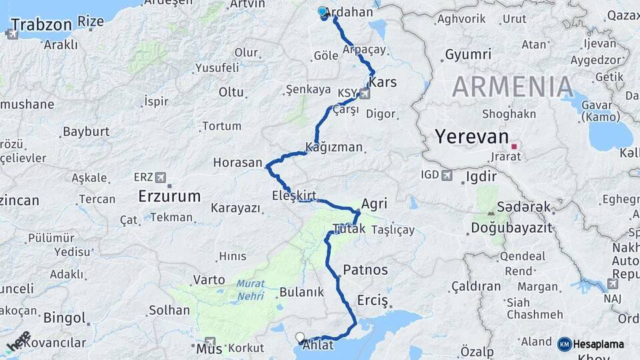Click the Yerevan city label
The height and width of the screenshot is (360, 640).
[471, 137]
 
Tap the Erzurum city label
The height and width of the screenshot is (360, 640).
[169, 197]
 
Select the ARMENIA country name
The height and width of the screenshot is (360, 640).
[512, 87]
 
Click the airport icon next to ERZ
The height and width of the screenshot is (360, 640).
[161, 177]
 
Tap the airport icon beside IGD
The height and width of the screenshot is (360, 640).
[447, 175]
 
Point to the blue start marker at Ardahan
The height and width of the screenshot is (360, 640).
[323, 12]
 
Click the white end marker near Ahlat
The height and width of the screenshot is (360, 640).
[300, 338]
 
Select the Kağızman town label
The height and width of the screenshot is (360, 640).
[333, 147]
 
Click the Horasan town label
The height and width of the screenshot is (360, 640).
[237, 163]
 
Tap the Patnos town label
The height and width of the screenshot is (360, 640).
[365, 271]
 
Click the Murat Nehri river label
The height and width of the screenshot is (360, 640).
[251, 289]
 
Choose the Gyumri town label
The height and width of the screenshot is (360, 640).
[467, 55]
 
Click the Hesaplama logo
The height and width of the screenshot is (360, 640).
[591, 344]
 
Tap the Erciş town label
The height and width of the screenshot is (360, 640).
[372, 301]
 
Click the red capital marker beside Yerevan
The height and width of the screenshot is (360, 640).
[514, 146]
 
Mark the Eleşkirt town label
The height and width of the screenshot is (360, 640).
[293, 196]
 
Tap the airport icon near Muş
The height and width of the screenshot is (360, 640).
[211, 341]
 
